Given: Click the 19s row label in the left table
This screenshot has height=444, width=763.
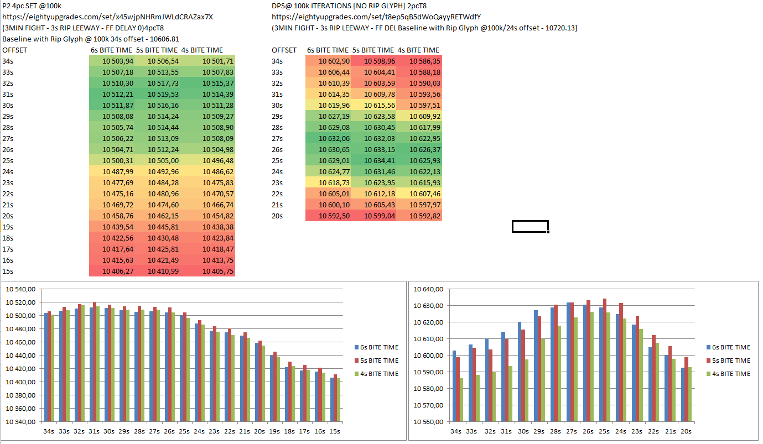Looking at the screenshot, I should coord(9,227).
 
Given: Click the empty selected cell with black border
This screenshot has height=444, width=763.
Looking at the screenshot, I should coord(530,226).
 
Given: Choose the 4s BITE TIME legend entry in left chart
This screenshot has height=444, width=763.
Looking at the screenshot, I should coord(378,374).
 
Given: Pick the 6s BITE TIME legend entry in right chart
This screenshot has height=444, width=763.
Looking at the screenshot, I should coord(730,347).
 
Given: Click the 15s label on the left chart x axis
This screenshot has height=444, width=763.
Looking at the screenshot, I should coord(334,431).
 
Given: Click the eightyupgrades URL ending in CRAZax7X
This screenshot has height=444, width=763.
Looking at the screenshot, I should coord(107,17).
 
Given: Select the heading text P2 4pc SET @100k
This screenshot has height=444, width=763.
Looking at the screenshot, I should coord(32,6).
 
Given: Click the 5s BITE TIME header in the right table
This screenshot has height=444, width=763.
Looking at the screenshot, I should coord(373,50).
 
